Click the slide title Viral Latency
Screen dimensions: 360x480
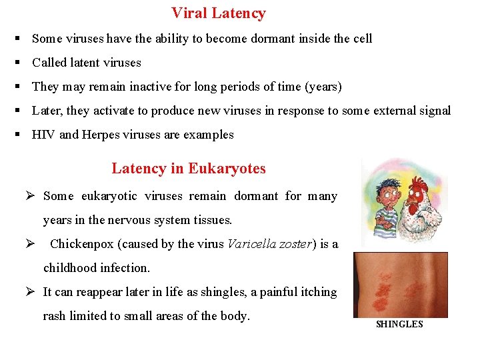(x=218, y=13)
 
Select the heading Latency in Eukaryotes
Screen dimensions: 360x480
(x=189, y=168)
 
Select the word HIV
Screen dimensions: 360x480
(x=43, y=135)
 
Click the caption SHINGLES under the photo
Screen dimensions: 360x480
(x=399, y=324)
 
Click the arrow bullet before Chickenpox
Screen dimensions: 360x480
(x=29, y=244)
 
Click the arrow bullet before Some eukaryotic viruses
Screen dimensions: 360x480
(x=29, y=196)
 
